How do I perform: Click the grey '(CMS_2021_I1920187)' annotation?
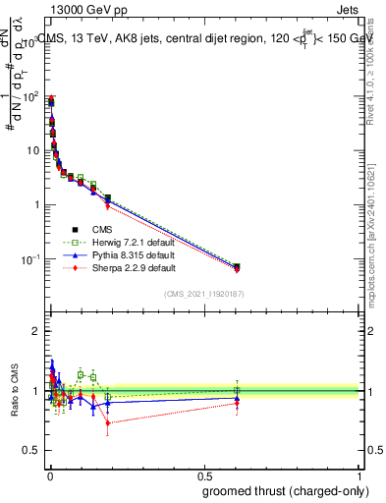pos(203,293)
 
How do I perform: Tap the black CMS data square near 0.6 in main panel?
pos(236,266)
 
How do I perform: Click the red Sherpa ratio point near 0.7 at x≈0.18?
pos(108,423)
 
